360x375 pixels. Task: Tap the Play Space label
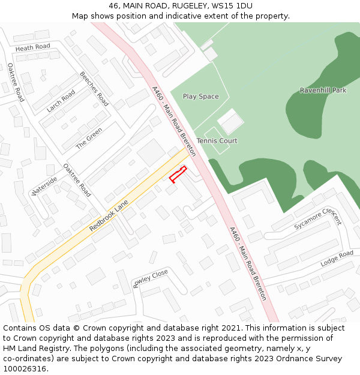pyautogui.click(x=200, y=97)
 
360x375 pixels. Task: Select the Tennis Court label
pyautogui.click(x=217, y=141)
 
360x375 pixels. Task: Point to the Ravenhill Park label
pyautogui.click(x=323, y=91)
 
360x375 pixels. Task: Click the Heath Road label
pyautogui.click(x=33, y=47)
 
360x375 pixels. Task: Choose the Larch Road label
pyautogui.click(x=61, y=101)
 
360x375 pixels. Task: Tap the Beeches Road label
pyautogui.click(x=94, y=89)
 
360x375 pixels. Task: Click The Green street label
pyautogui.click(x=89, y=138)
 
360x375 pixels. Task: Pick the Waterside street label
pyautogui.click(x=44, y=186)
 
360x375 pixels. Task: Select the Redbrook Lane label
pyautogui.click(x=109, y=217)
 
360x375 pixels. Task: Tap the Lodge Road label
pyautogui.click(x=337, y=259)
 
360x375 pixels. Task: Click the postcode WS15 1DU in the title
pyautogui.click(x=236, y=6)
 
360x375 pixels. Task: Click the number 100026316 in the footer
pyautogui.click(x=25, y=369)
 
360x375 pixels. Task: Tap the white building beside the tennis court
pyautogui.click(x=230, y=121)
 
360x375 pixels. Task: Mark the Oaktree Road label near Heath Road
pyautogui.click(x=16, y=82)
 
